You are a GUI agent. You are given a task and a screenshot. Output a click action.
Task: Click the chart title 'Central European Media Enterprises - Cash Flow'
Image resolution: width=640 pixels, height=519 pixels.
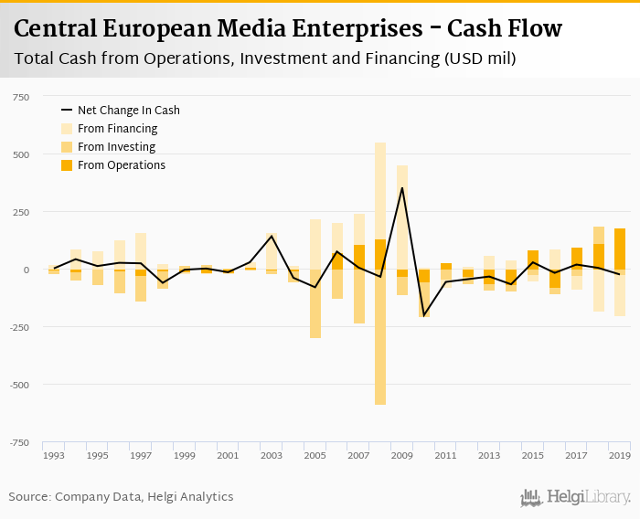pyautogui.click(x=288, y=29)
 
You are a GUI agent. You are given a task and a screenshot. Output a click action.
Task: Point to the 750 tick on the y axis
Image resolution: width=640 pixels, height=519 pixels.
pyautogui.click(x=20, y=97)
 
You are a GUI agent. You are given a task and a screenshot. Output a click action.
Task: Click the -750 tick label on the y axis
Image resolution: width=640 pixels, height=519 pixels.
pyautogui.click(x=18, y=442)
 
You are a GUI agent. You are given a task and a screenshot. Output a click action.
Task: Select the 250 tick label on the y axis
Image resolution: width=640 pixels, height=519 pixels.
pyautogui.click(x=20, y=212)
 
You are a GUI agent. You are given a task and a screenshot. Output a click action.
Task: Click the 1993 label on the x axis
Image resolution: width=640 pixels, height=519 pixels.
pyautogui.click(x=53, y=455)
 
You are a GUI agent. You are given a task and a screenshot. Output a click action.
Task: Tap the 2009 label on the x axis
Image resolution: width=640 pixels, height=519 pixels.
pyautogui.click(x=401, y=455)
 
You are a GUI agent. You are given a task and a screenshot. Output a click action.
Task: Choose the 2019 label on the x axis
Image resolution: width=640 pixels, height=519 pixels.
pyautogui.click(x=619, y=455)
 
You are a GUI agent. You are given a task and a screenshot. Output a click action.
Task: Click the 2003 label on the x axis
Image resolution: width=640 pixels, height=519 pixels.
pyautogui.click(x=271, y=455)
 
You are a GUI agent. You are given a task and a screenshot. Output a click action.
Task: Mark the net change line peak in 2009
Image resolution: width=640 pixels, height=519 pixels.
pyautogui.click(x=401, y=188)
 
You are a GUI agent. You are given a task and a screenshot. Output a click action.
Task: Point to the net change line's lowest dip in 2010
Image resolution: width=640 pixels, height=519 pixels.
pyautogui.click(x=423, y=315)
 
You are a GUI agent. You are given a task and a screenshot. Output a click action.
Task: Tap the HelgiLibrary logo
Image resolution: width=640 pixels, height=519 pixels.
pyautogui.click(x=575, y=498)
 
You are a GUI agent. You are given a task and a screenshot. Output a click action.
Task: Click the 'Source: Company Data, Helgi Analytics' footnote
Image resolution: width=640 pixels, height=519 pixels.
pyautogui.click(x=122, y=497)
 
